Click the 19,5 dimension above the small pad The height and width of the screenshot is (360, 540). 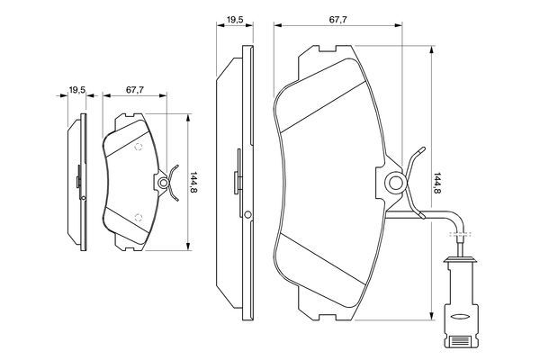coord(77,90)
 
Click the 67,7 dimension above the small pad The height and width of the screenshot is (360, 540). coord(135,90)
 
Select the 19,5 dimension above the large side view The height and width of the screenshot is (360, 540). coord(235,20)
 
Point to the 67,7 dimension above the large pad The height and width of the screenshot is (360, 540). coord(338,20)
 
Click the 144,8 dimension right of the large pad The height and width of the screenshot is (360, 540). coord(437,183)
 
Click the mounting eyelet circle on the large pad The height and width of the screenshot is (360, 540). coord(395,183)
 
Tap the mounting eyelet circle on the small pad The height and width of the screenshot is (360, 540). coord(163,183)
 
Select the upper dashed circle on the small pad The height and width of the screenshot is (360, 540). coord(138,147)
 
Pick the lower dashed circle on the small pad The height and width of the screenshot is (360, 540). coord(139,218)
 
